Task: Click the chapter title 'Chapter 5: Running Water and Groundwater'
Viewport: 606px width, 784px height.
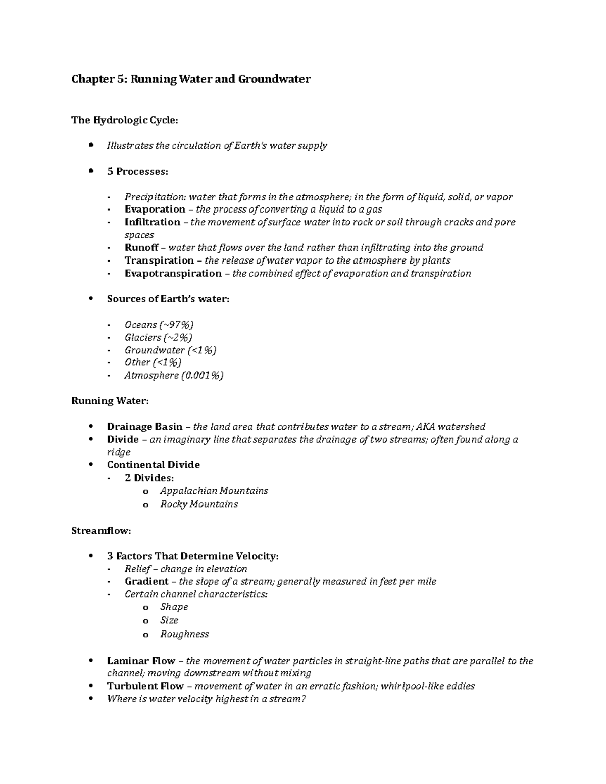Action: [x=191, y=79]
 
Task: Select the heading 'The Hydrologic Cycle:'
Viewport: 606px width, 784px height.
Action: [x=125, y=120]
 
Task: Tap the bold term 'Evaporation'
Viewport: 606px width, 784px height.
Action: [x=155, y=209]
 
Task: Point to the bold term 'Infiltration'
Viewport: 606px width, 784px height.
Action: [x=153, y=222]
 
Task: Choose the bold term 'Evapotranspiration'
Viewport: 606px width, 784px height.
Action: [x=173, y=273]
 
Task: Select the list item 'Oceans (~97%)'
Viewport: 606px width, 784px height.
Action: [x=159, y=325]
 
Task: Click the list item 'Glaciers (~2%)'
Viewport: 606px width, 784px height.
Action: [x=159, y=337]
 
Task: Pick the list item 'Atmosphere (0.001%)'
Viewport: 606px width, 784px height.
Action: [x=174, y=375]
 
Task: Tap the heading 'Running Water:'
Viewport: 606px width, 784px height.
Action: [x=110, y=401]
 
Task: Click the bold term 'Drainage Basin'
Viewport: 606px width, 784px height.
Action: [x=144, y=427]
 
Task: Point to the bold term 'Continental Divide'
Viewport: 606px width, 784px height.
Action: [x=154, y=465]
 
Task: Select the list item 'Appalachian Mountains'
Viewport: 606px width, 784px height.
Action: [x=214, y=491]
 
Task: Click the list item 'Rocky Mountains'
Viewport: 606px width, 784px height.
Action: [x=199, y=504]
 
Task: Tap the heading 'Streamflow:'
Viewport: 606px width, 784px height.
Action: [x=102, y=531]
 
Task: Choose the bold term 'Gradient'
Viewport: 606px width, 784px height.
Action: [x=146, y=581]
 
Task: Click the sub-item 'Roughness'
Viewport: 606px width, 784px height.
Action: [x=184, y=634]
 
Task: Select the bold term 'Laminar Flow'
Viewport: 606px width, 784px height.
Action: [x=141, y=661]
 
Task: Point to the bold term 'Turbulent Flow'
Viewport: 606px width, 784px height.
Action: [x=145, y=686]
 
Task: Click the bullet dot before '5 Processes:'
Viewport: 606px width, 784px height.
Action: [x=91, y=171]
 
